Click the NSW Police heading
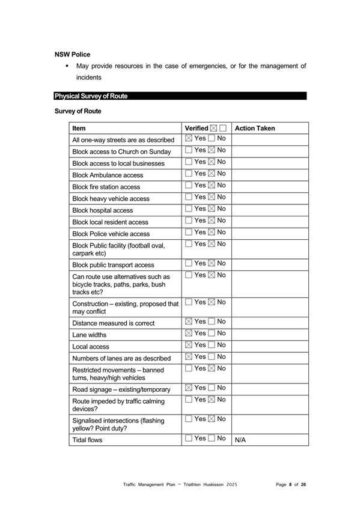coord(72,54)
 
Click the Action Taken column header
coord(255,128)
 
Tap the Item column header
coord(79,128)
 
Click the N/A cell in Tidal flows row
coord(240,440)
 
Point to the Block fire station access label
coord(106,187)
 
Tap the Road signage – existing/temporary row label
coord(121,389)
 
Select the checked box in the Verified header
coord(214,128)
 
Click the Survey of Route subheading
coord(78,111)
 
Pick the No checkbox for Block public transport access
coord(211,263)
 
